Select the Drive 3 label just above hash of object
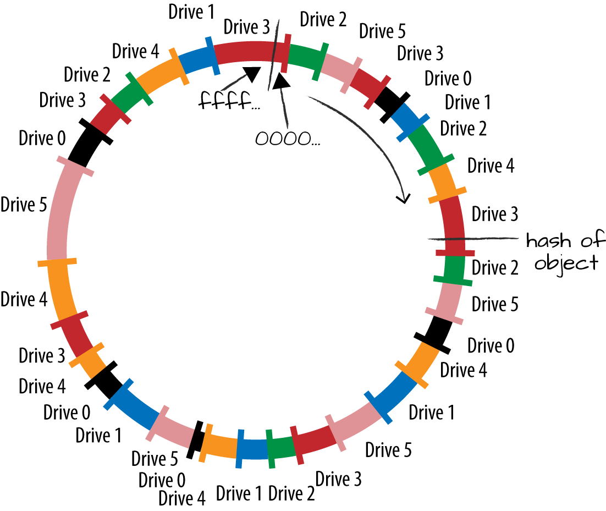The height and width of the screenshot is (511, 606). (494, 213)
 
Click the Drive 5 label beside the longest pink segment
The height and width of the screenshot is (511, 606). (25, 205)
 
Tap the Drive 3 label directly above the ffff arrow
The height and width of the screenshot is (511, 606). (247, 26)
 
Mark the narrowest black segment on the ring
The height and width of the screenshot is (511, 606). (194, 441)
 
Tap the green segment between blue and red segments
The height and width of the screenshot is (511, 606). (279, 448)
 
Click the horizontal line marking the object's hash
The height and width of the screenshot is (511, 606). (473, 238)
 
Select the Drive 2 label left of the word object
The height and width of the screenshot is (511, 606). (495, 268)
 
